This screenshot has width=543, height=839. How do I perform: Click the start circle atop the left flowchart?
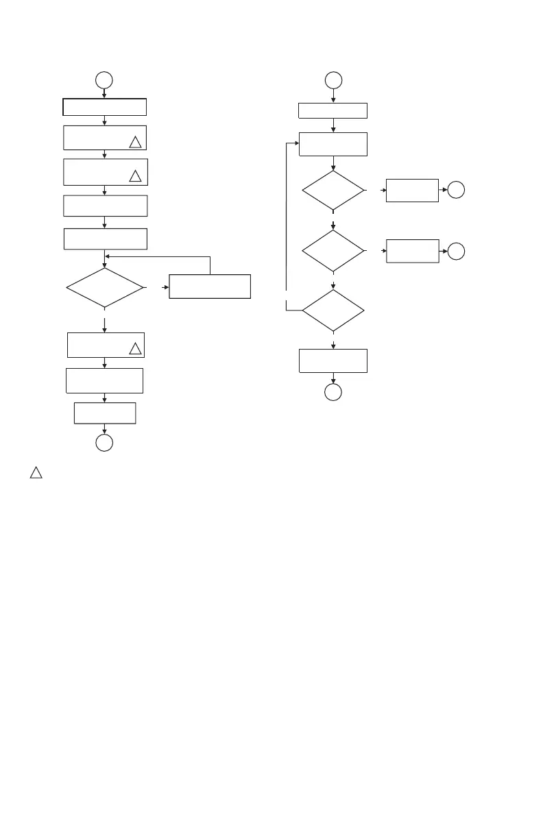coord(104,80)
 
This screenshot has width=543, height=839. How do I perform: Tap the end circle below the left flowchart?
coord(104,443)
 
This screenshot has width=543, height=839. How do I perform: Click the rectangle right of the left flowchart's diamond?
coord(210,286)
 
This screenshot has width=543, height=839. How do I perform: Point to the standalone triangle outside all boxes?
coord(36,473)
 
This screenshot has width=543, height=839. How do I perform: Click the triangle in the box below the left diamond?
coord(135,349)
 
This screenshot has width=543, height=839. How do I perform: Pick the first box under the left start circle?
coord(104,107)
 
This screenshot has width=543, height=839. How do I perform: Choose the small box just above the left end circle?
coord(104,413)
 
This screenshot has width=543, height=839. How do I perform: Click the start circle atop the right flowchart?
coord(333,80)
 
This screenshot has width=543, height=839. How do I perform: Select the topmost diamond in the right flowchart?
coord(333,191)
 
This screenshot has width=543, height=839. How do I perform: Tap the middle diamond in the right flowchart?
coord(333,251)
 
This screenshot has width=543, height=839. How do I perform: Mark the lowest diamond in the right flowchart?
coord(333,311)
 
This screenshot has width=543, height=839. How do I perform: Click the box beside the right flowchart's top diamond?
coord(412,191)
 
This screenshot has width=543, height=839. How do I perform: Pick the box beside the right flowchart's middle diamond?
coord(412,251)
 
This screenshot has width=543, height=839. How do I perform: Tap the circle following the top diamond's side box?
coord(457,191)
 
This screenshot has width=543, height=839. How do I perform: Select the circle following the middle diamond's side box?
coord(457,251)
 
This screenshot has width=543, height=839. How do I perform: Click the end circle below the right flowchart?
coord(333,393)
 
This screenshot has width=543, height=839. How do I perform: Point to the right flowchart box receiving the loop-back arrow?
coord(333,144)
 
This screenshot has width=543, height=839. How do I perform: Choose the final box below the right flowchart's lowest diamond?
coord(333,361)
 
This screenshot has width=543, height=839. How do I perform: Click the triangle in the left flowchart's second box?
coord(135,143)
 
